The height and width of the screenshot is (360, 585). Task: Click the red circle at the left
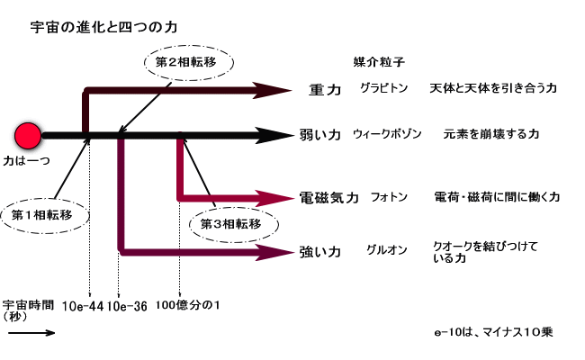click(28, 136)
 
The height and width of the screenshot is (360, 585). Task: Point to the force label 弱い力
click(319, 135)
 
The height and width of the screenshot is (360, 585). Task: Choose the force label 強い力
click(319, 252)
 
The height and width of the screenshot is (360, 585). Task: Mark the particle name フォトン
click(389, 197)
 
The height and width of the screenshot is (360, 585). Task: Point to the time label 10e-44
click(84, 306)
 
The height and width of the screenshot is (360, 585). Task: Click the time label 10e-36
click(126, 306)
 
